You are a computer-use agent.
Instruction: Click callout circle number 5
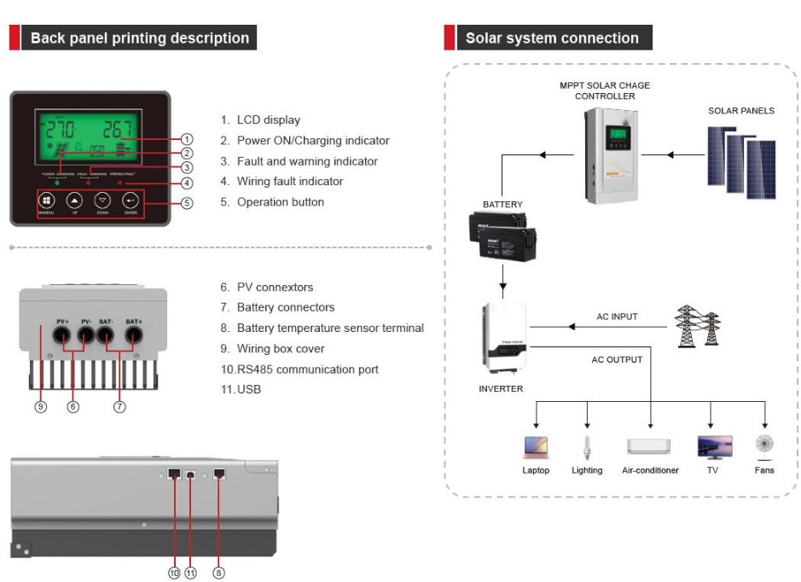[x=188, y=203]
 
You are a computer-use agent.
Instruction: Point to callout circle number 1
[x=188, y=139]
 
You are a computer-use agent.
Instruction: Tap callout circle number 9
[x=40, y=407]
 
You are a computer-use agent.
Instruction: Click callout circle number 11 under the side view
[x=191, y=573]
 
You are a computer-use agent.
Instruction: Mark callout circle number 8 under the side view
[x=218, y=573]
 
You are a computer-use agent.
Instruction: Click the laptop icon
[x=536, y=447]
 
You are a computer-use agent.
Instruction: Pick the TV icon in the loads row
[x=714, y=447]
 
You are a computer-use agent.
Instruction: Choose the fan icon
[x=764, y=445]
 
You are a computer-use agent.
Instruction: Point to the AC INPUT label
[x=617, y=317]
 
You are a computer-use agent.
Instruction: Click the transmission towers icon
[x=697, y=325]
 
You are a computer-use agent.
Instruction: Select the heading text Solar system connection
[x=552, y=38]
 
